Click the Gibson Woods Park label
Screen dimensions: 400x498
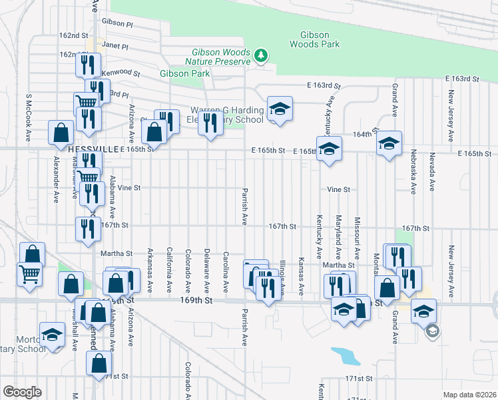(x=314, y=39)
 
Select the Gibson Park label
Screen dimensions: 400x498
(x=185, y=73)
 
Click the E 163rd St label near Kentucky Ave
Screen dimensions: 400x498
(x=324, y=86)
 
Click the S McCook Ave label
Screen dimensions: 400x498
(x=29, y=116)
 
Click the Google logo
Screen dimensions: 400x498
(x=21, y=392)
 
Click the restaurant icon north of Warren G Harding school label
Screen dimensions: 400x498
(x=210, y=121)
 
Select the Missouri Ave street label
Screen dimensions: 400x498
(x=357, y=237)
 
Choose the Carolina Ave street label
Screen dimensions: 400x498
(x=226, y=271)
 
